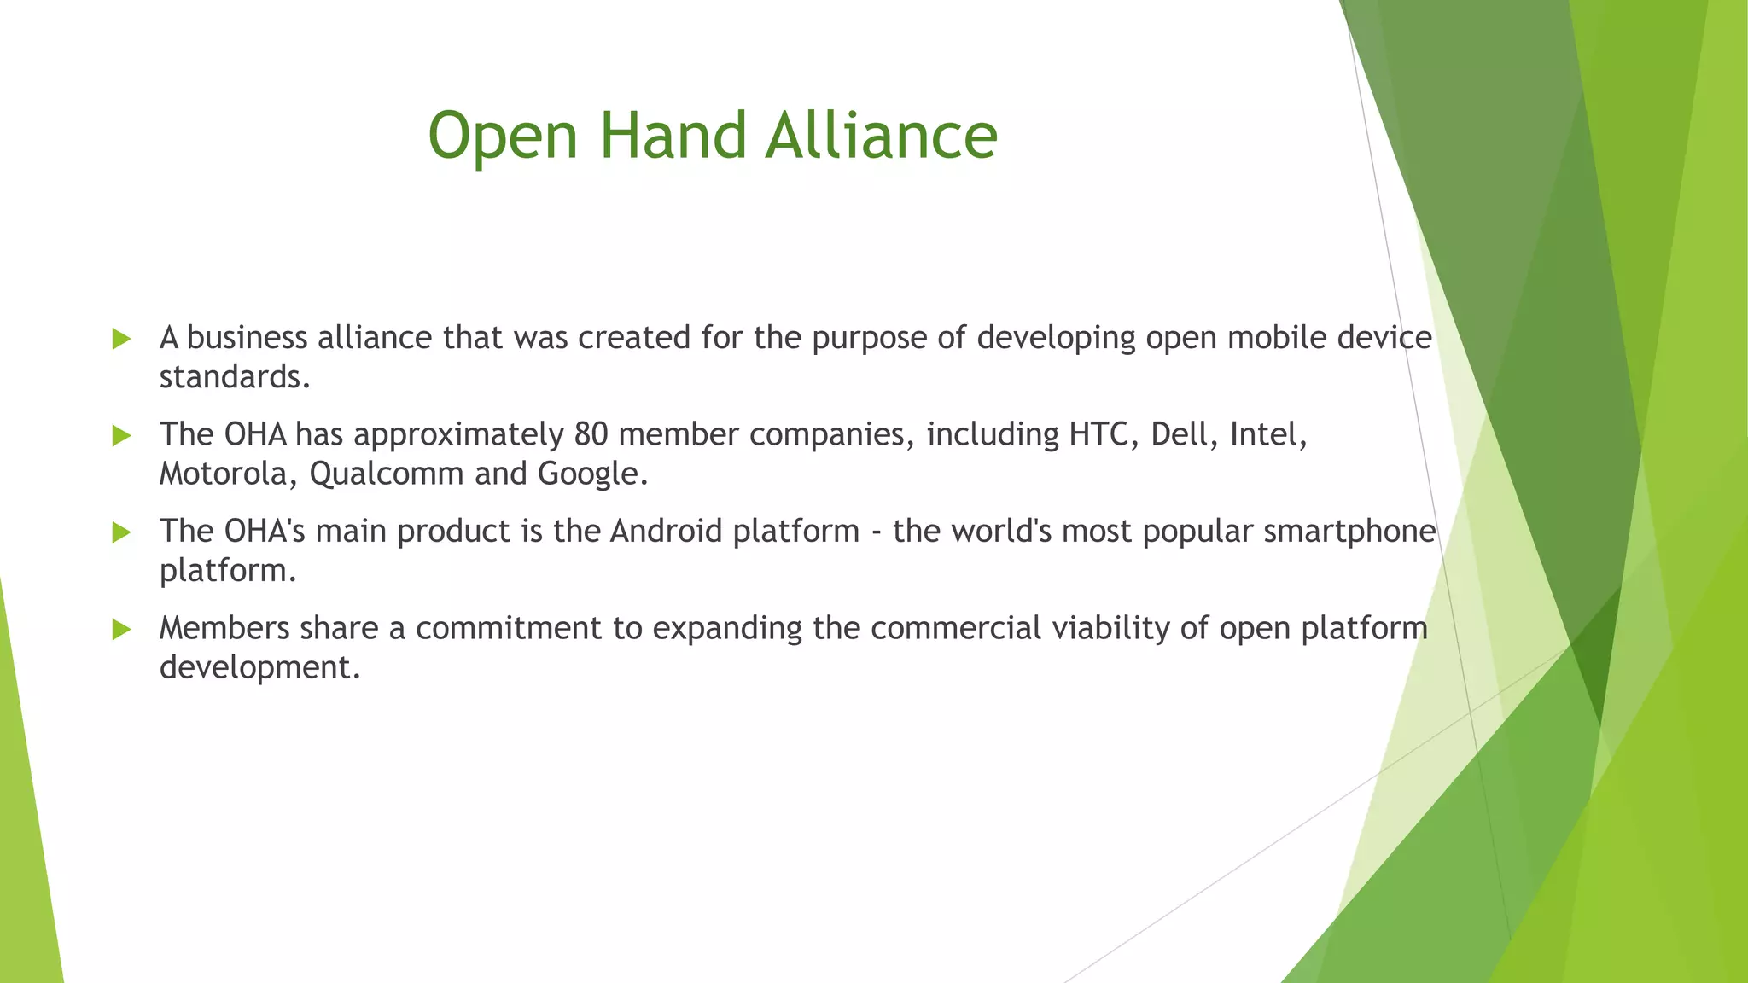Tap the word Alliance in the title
881,135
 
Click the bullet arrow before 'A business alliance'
121,339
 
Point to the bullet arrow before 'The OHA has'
121,436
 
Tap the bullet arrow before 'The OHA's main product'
121,532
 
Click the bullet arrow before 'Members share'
121,630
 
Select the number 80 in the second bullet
591,434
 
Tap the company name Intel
1267,434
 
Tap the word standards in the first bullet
234,377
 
